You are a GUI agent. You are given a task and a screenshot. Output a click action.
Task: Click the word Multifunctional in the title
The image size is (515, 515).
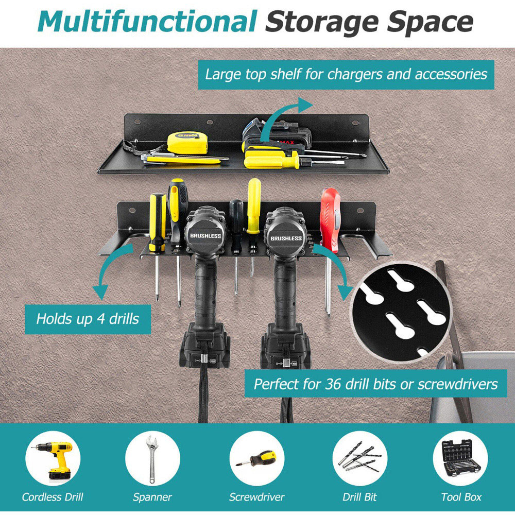tap(147, 21)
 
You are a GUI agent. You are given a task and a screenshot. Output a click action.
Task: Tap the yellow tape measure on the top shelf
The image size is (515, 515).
tap(187, 143)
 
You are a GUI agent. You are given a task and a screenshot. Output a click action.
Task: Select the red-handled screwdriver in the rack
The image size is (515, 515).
tap(330, 220)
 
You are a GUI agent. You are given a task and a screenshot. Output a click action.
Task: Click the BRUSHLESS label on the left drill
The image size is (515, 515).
tap(205, 235)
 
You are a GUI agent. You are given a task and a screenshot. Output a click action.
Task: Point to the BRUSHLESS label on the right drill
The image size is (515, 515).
tap(286, 238)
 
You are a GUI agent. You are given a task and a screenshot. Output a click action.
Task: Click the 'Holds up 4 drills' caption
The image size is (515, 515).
tap(88, 319)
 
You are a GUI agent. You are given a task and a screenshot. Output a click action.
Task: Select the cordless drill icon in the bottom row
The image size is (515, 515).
tap(53, 458)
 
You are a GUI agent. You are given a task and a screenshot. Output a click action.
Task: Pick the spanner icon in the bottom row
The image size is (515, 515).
tap(152, 458)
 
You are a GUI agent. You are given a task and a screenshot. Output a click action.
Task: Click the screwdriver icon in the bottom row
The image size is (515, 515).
tap(257, 458)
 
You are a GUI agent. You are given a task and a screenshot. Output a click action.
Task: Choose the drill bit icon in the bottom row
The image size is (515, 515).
tap(359, 458)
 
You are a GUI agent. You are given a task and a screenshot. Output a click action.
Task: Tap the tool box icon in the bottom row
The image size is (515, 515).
tap(460, 458)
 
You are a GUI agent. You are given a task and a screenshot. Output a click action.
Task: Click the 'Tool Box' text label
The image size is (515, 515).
tap(461, 497)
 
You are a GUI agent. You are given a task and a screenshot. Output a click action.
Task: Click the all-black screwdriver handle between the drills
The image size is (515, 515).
tap(236, 215)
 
